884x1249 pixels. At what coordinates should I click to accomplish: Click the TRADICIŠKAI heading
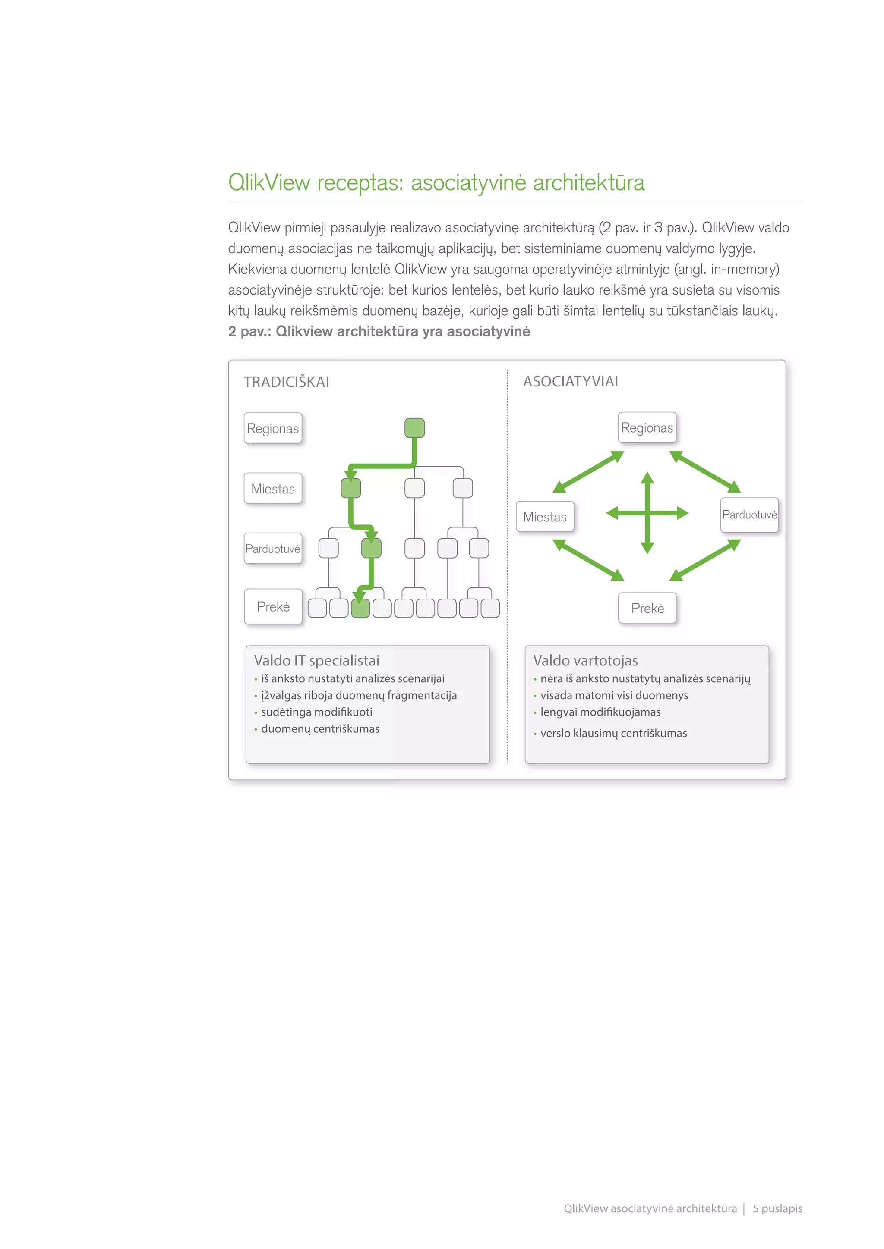tap(286, 382)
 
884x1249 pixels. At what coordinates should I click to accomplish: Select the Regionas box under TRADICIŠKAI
tap(273, 428)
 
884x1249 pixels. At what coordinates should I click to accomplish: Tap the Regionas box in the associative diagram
tap(647, 427)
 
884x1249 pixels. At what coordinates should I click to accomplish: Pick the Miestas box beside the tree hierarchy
tap(273, 489)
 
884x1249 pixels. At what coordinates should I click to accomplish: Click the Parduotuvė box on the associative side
tap(749, 515)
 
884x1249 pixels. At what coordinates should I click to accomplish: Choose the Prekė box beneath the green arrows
tap(647, 608)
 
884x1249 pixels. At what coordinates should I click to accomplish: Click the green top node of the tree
tap(414, 427)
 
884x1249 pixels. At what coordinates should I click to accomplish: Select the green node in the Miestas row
tap(350, 488)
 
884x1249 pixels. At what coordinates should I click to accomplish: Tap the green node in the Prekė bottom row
tap(360, 608)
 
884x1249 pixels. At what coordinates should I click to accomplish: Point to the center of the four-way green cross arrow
tap(647, 513)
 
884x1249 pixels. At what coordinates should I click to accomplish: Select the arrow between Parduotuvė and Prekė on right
tap(705, 560)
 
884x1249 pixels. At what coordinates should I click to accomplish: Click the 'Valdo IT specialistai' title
tap(316, 660)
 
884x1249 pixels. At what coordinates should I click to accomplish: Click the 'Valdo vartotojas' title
tap(585, 660)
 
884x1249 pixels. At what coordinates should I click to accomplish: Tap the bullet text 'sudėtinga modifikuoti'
tap(316, 712)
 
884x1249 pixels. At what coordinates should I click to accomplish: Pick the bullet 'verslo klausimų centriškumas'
tap(613, 733)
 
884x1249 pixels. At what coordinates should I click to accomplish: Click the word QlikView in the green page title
tap(269, 182)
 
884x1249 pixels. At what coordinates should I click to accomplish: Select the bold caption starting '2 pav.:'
tap(379, 331)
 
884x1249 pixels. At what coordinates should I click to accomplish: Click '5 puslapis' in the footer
tap(777, 1208)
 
